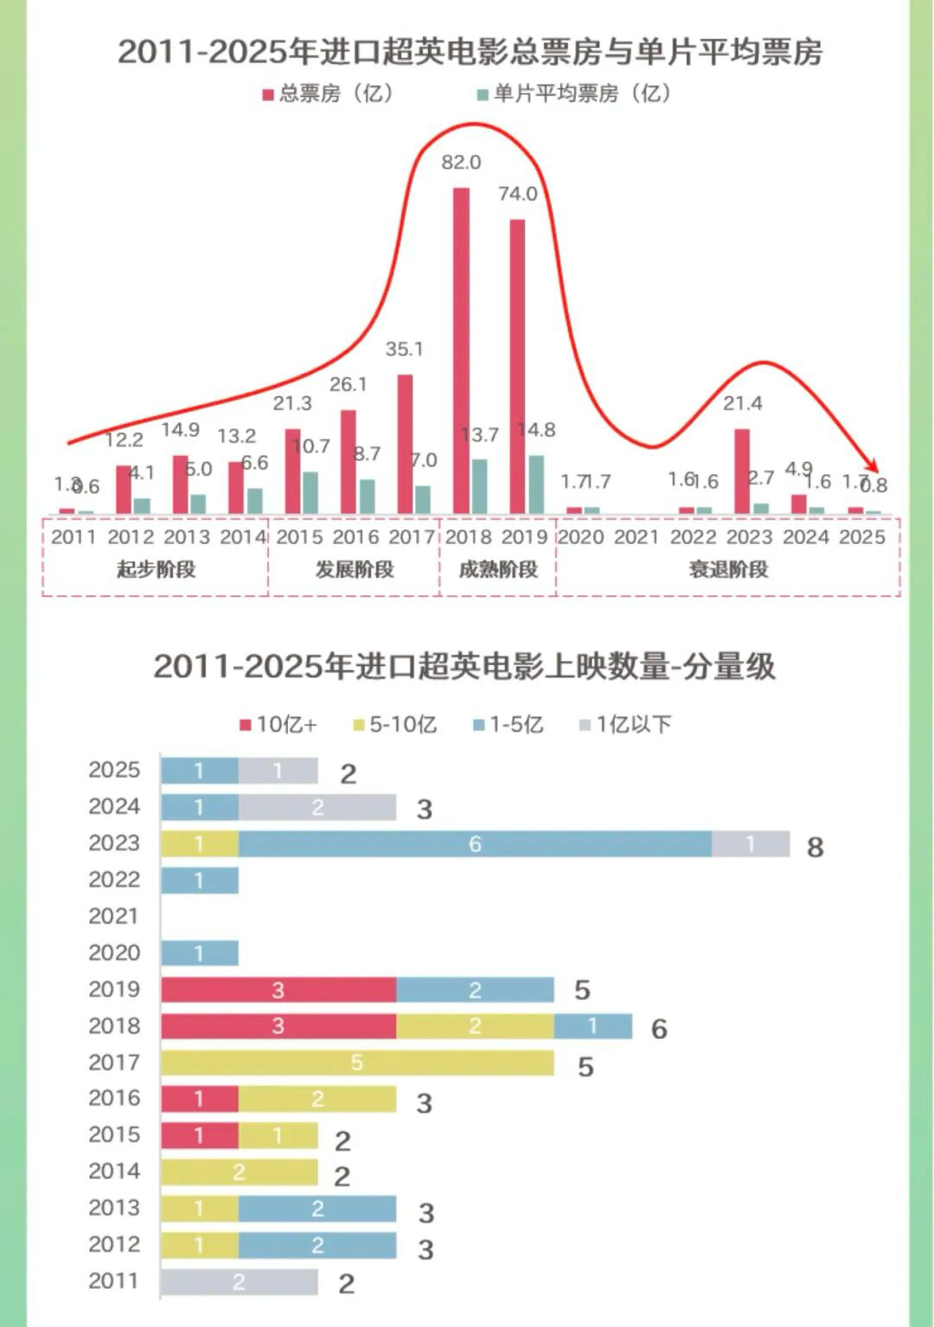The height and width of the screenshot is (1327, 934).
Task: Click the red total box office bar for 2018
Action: coord(461,350)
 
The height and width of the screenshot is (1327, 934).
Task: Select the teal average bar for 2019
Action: coord(536,484)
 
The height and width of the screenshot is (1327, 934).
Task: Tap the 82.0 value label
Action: coord(461,163)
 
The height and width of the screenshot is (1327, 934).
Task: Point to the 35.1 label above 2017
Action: coord(404,349)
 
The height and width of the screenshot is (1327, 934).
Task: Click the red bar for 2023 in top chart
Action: coord(742,471)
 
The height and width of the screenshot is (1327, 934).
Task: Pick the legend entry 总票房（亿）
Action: coord(329,93)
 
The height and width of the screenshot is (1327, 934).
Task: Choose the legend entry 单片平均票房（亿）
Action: coord(574,93)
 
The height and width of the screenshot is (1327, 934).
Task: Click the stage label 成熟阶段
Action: coord(498,569)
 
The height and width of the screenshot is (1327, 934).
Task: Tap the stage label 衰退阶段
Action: coord(728,569)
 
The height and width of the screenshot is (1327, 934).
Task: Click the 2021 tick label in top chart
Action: coord(637,537)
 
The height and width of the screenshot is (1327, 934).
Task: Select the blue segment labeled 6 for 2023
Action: coord(475,844)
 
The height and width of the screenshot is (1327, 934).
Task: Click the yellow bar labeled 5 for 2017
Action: coord(356,1062)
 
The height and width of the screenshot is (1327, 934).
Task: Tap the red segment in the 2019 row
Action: coord(278,990)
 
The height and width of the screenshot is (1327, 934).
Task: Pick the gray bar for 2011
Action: coord(239,1282)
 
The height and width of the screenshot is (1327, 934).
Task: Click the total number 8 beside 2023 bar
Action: coord(815,847)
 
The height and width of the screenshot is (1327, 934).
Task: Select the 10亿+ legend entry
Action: coord(278,724)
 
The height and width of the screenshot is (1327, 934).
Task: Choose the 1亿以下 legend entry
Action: coord(625,724)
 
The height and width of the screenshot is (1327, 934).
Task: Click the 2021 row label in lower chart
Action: coord(113,916)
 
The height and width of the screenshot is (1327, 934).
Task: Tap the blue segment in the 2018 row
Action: coord(592,1026)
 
